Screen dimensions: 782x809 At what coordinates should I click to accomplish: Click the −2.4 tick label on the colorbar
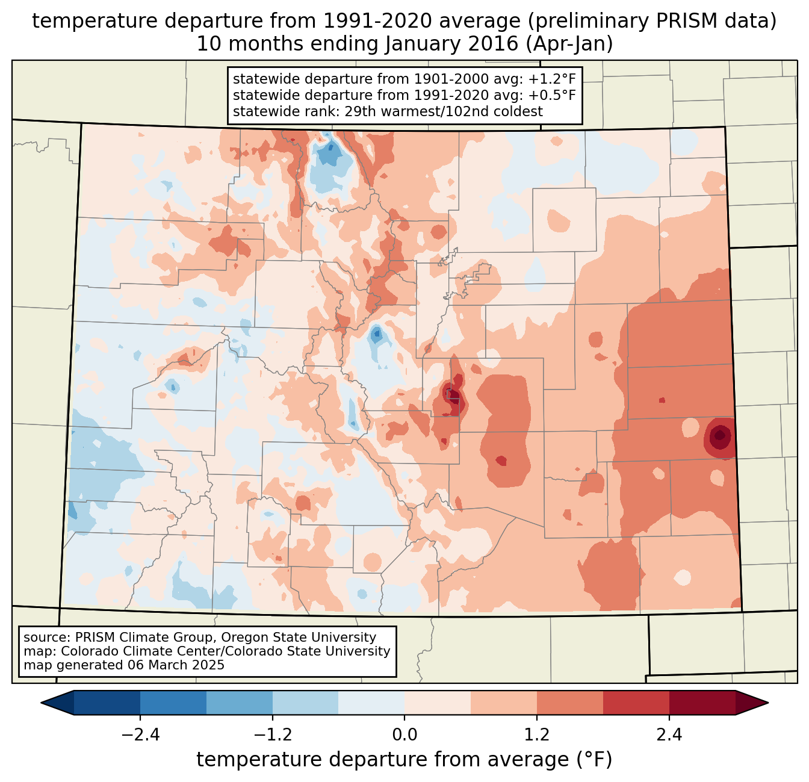pyautogui.click(x=140, y=735)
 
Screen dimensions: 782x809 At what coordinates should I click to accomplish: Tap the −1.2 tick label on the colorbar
pyautogui.click(x=273, y=735)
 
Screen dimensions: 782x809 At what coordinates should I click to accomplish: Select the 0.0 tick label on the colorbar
pyautogui.click(x=404, y=735)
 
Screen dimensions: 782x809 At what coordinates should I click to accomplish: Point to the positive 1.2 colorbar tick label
pyautogui.click(x=537, y=735)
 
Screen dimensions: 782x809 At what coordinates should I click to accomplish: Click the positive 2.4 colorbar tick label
pyautogui.click(x=669, y=735)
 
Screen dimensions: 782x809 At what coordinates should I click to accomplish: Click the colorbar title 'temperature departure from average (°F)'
pyautogui.click(x=404, y=760)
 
